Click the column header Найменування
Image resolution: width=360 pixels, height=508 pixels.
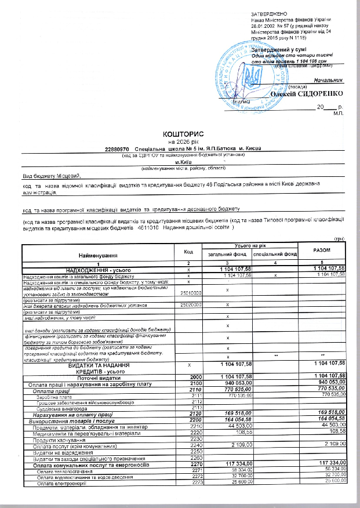[x=97, y=256]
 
